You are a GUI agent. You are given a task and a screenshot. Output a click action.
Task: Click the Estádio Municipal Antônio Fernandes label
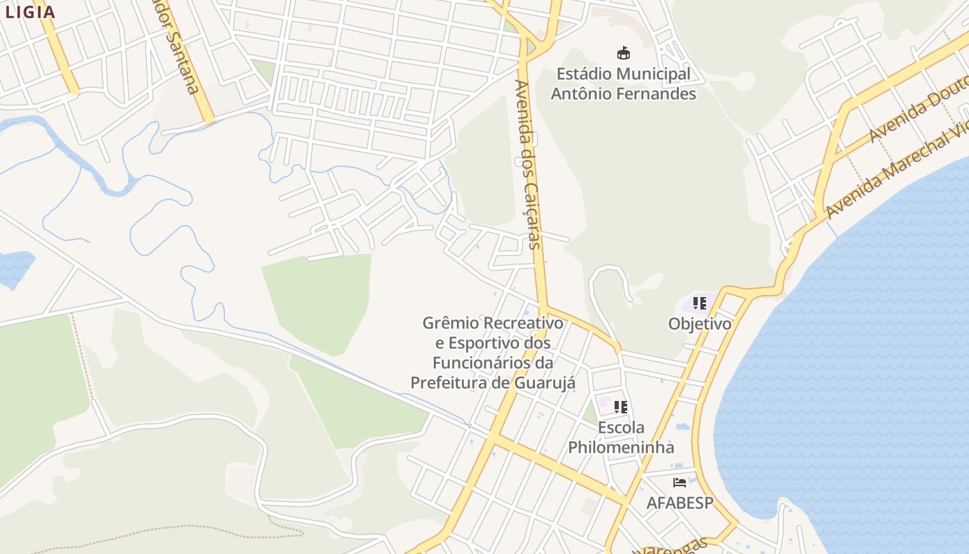point(624,83)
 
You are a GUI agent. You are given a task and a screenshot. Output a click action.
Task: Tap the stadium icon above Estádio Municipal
point(624,53)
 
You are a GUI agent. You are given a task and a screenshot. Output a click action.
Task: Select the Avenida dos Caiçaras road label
point(528,165)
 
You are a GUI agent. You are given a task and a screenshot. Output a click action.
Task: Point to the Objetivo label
point(700,323)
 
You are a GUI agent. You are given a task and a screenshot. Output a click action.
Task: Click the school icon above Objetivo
point(700,303)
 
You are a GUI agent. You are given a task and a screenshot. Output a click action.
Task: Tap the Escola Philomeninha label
point(621,437)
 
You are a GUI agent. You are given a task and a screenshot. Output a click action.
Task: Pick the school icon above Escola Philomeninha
point(621,407)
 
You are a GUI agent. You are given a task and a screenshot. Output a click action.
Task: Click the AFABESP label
point(679,503)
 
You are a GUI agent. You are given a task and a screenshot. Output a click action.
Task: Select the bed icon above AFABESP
point(680,482)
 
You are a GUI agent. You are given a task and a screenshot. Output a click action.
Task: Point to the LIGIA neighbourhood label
point(30,12)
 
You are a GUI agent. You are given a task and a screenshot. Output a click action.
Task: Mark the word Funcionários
point(483,362)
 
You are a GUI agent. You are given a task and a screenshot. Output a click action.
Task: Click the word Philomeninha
point(621,447)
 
